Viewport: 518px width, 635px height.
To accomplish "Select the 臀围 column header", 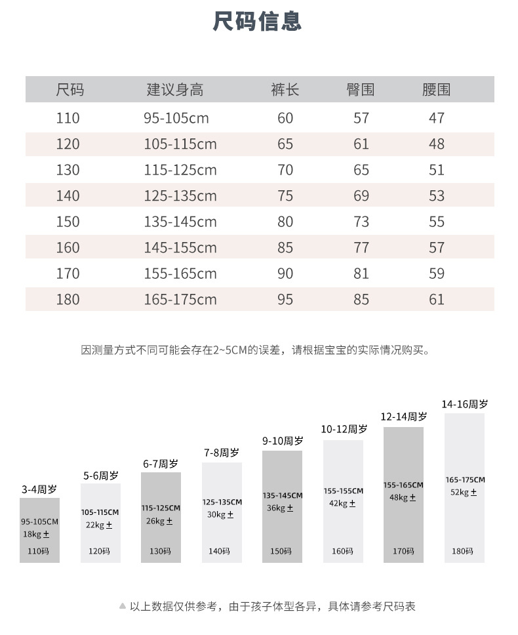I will (x=360, y=90).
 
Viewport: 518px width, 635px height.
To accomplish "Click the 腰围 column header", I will (x=436, y=90).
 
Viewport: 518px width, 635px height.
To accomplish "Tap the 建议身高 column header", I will (x=174, y=90).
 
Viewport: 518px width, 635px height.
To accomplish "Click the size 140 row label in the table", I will (x=68, y=196).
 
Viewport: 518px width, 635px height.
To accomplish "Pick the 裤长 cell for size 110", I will (x=285, y=118).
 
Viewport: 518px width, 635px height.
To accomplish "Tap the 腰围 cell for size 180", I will (x=437, y=300).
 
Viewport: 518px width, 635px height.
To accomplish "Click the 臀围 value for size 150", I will (x=361, y=222).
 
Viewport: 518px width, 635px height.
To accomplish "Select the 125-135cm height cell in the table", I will (x=180, y=196).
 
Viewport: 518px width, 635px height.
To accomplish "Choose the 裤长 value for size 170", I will (x=285, y=274).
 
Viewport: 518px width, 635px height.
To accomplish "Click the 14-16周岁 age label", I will (x=464, y=404).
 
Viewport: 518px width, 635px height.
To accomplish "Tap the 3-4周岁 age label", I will (x=39, y=489).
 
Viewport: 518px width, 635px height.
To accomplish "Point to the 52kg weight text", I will (x=464, y=492).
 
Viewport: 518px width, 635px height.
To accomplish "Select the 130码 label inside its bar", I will (x=160, y=551).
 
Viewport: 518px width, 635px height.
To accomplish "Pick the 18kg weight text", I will (x=37, y=535).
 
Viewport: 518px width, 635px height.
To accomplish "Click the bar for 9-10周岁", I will (x=282, y=505).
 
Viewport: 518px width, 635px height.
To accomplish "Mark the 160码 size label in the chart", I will (x=342, y=551).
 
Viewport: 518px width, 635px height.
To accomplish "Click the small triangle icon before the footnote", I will (x=122, y=606).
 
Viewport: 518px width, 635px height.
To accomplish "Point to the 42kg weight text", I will (x=342, y=503).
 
